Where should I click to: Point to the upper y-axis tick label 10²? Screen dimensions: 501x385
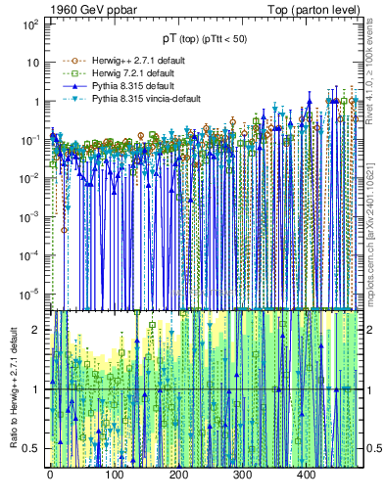[x=32, y=23]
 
